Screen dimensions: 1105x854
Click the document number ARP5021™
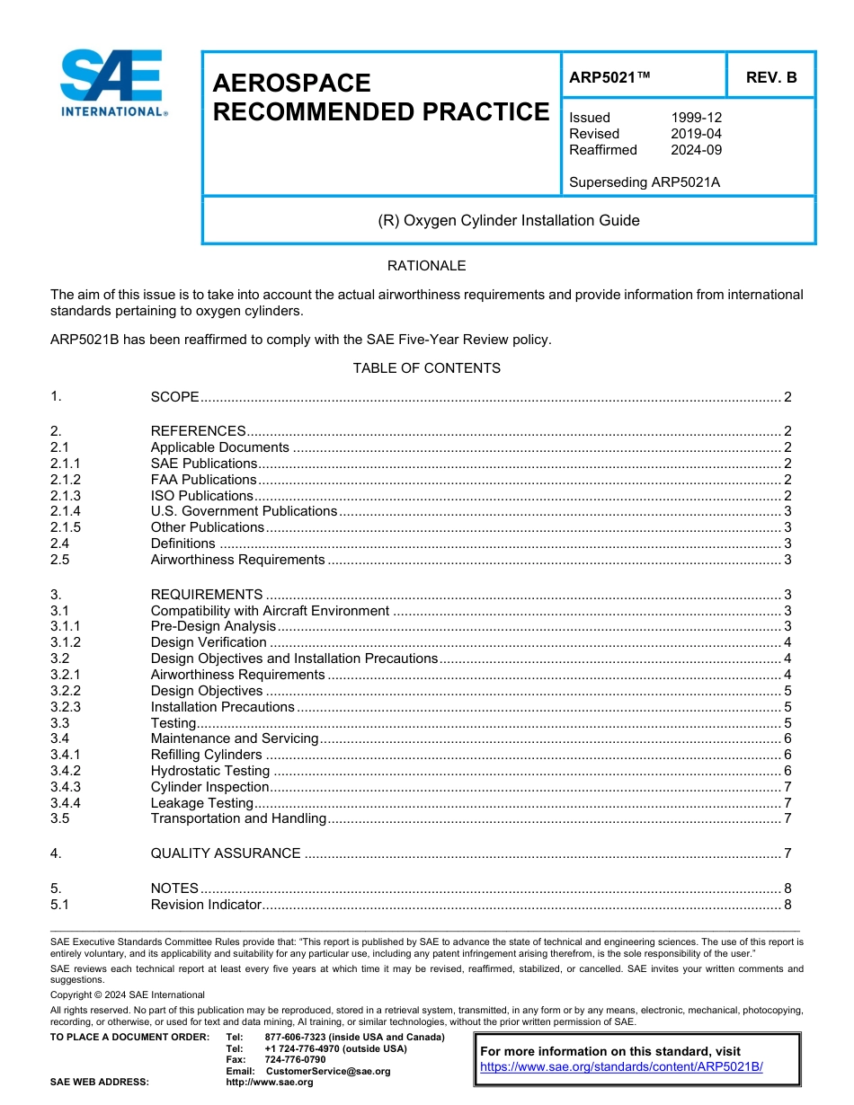(x=609, y=77)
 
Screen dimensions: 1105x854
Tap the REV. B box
(x=771, y=77)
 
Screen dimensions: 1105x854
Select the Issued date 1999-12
(x=696, y=118)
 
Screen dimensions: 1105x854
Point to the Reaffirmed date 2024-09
(x=696, y=150)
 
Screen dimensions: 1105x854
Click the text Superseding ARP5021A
(x=645, y=182)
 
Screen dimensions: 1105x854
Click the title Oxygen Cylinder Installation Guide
(x=508, y=220)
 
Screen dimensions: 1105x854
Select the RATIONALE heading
(x=426, y=266)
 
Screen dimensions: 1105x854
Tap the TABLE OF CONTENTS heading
(x=426, y=368)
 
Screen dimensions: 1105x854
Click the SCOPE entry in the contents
(x=174, y=397)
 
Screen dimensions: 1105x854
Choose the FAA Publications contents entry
(x=203, y=480)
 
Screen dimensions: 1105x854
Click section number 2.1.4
(x=66, y=511)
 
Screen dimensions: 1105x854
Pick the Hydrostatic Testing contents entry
(x=210, y=771)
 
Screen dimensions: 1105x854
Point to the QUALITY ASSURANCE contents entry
(x=226, y=853)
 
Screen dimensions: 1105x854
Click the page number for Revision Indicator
(x=787, y=905)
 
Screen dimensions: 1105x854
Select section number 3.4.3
(x=66, y=787)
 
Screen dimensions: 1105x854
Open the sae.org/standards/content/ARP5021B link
(x=621, y=1066)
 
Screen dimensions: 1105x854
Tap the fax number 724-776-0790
(x=295, y=1059)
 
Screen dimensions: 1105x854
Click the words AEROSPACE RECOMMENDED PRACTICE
(x=380, y=97)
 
